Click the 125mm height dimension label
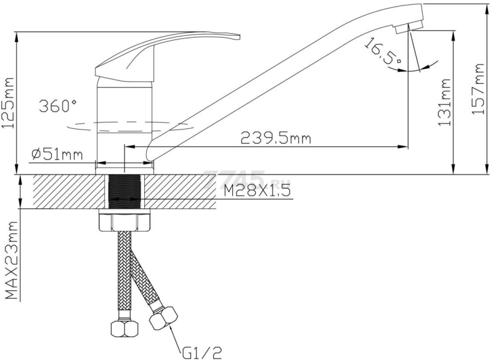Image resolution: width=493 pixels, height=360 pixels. [x=8, y=103]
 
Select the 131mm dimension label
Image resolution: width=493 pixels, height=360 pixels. [x=444, y=102]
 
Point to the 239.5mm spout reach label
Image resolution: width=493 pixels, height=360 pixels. [x=275, y=137]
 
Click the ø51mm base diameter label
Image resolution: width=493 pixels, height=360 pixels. [x=57, y=154]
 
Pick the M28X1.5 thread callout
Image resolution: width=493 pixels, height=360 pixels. [x=257, y=191]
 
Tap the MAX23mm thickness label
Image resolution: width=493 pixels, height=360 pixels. [x=11, y=260]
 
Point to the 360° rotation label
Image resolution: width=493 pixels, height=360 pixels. [x=57, y=105]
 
